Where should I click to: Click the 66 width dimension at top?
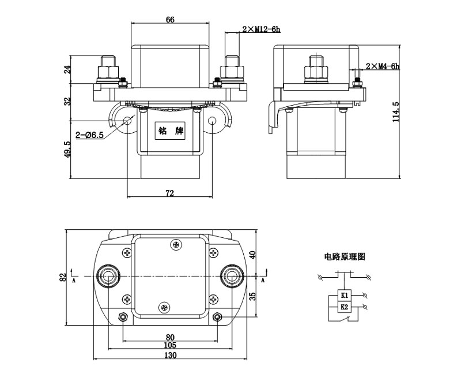pos(170,19)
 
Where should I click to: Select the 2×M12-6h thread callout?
pos(261,29)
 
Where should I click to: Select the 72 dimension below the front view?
pos(170,193)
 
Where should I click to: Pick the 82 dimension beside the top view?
pos(63,277)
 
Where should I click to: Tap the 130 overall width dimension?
pos(170,356)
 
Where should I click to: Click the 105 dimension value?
pos(170,345)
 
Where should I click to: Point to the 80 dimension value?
pos(170,337)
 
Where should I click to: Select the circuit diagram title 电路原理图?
pos(345,256)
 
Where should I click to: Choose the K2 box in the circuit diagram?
pos(344,307)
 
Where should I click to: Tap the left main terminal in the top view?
pos(108,277)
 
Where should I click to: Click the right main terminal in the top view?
pos(232,277)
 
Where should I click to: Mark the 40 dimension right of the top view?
pos(252,254)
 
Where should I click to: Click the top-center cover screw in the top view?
pos(176,246)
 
